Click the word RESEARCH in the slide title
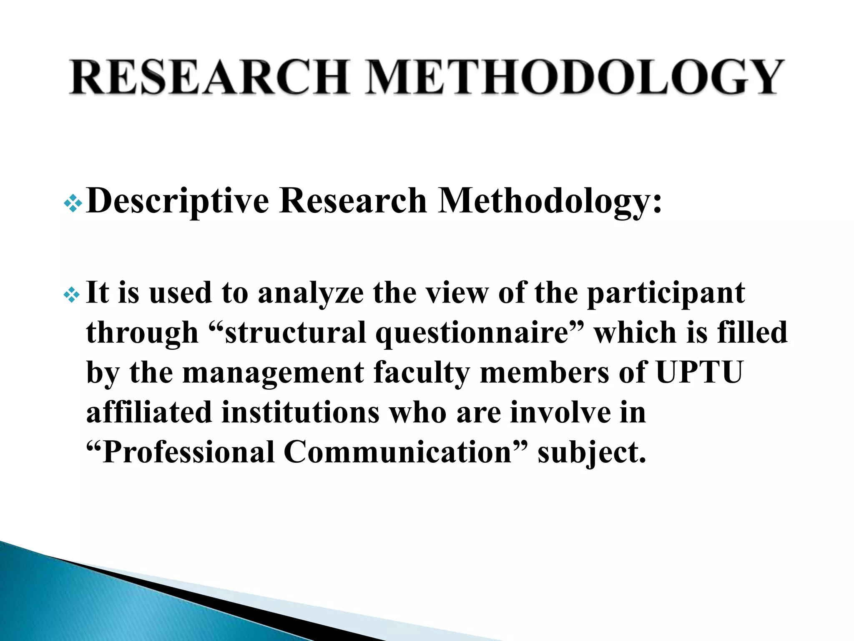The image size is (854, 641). click(208, 77)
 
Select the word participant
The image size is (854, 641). click(666, 293)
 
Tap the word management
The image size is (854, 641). click(273, 373)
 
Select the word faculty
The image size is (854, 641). click(422, 373)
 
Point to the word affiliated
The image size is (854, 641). click(149, 412)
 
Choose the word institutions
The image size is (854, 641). click(300, 412)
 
